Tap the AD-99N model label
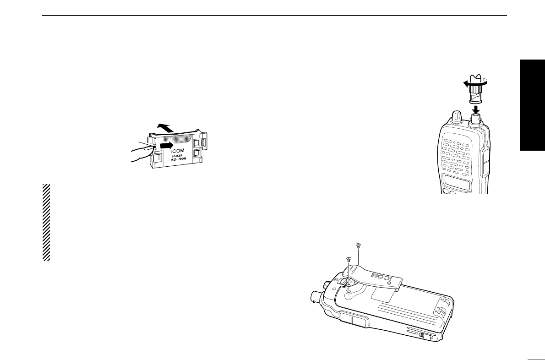[x=177, y=161]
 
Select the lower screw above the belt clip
[x=349, y=259]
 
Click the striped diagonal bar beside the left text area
[x=46, y=223]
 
